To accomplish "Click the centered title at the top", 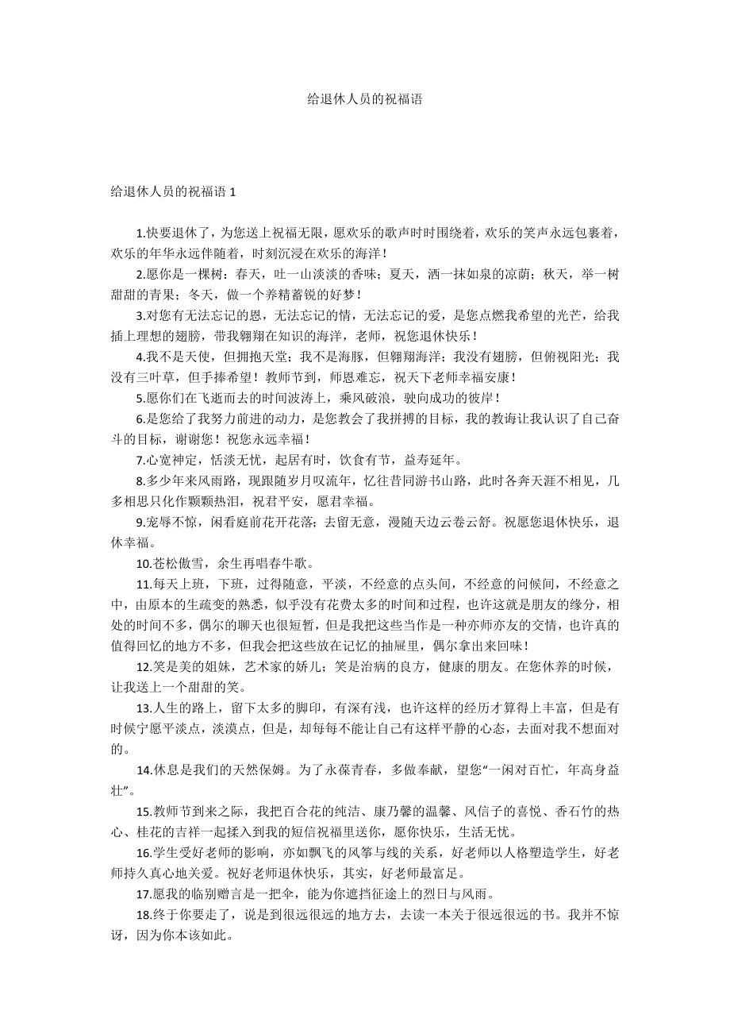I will point(364,99).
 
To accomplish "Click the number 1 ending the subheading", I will point(232,192).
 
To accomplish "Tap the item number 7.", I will point(140,460).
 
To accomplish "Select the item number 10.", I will point(143,564).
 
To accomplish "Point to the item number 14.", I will point(144,770).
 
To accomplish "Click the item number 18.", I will point(144,914).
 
